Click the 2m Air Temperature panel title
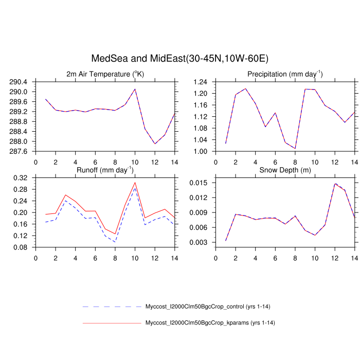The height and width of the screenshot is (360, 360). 105,74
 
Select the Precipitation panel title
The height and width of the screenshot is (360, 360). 285,74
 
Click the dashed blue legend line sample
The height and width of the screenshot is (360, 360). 112,307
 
